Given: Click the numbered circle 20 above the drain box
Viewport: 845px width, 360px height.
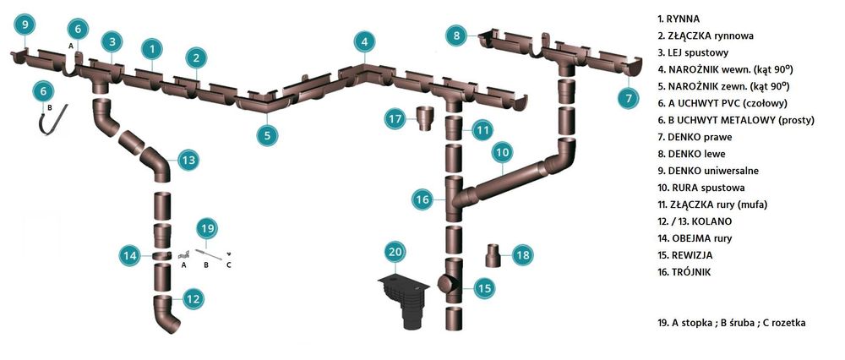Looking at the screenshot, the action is [x=395, y=252].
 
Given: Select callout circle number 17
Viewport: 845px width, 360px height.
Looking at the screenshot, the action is [x=395, y=118].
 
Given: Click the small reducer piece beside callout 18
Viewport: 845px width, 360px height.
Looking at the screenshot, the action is [x=493, y=255].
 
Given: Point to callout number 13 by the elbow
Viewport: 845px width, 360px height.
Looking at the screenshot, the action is [x=188, y=160].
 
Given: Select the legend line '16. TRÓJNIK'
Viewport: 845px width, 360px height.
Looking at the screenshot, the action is [x=684, y=272].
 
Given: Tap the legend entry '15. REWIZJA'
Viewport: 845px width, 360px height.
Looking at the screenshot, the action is [x=684, y=255].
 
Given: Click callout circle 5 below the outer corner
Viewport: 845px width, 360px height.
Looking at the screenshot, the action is [x=267, y=134].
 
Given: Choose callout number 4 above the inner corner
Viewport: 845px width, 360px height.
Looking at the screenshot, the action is [x=365, y=42].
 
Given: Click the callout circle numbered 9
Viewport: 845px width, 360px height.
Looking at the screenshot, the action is [x=25, y=24].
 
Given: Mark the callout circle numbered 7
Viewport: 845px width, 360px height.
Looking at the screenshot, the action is [x=629, y=98].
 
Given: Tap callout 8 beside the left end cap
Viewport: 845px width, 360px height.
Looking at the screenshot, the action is [x=456, y=36].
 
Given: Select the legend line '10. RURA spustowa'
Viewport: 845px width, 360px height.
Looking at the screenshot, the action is [x=701, y=188].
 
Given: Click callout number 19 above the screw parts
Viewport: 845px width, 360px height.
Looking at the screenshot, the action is [x=207, y=229].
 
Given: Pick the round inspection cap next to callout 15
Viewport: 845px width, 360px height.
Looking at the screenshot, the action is [x=446, y=284].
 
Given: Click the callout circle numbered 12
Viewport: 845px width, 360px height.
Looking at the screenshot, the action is [x=194, y=298].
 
